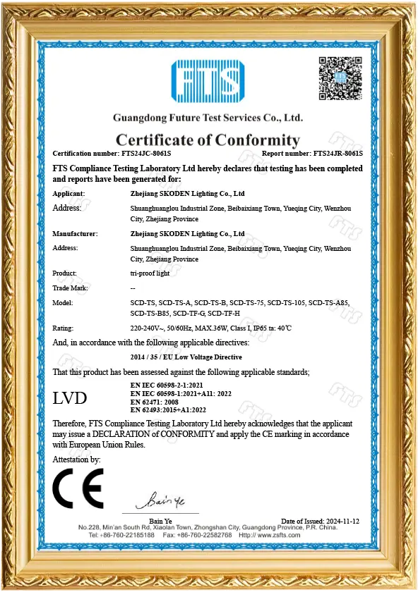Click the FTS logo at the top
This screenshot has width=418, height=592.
[208, 82]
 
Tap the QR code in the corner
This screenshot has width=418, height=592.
[340, 77]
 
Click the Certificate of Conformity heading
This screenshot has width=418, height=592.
[208, 140]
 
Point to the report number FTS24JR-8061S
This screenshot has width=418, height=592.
[337, 153]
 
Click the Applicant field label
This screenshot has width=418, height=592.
[69, 193]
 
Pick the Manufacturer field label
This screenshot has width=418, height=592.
[74, 233]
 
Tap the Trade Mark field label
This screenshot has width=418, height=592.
[71, 288]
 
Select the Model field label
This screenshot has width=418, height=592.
[64, 303]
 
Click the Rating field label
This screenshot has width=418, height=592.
[64, 328]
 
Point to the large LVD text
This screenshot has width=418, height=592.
[71, 398]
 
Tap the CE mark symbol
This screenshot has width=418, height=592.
[78, 488]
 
